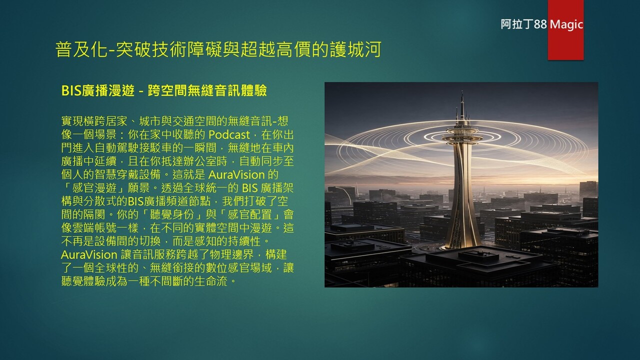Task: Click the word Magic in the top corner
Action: pos(566,24)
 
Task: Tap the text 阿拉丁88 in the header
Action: pos(523,24)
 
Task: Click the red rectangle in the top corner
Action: pos(565,30)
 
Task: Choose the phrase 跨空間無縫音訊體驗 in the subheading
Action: pos(207,90)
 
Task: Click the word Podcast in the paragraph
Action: pos(229,134)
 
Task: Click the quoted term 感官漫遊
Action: pos(94,188)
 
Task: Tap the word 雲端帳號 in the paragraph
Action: pos(94,228)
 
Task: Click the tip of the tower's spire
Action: pos(462,91)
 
